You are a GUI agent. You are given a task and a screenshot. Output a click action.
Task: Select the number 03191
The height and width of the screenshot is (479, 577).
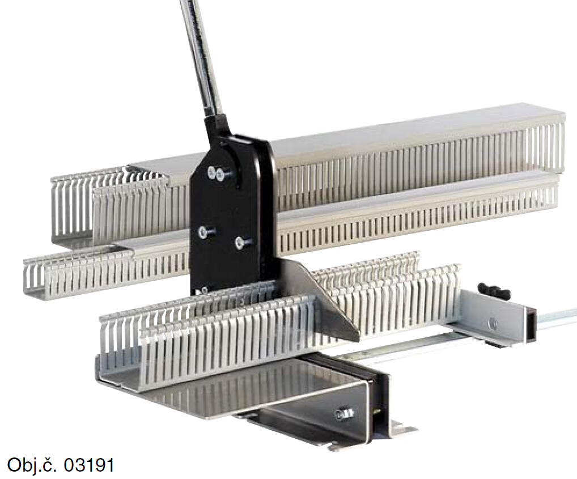(x=89, y=465)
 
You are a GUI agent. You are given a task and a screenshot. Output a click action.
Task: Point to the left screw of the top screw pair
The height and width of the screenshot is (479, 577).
(x=211, y=171)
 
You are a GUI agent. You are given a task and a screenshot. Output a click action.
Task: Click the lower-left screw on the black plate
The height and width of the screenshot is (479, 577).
(x=203, y=232)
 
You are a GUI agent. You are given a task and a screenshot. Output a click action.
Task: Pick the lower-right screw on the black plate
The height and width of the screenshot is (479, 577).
(x=240, y=242)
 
